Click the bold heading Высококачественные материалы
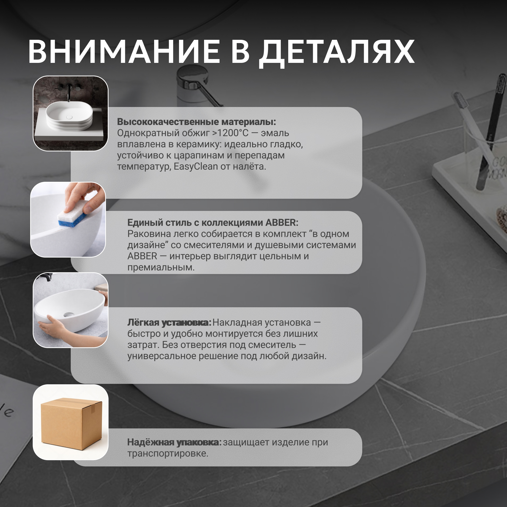pos(196,122)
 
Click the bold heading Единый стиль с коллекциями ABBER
pos(213,223)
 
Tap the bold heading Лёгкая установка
pos(169,322)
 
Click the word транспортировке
pos(168,454)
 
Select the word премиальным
pos(161,268)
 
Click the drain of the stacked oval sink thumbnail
pos(69,117)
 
